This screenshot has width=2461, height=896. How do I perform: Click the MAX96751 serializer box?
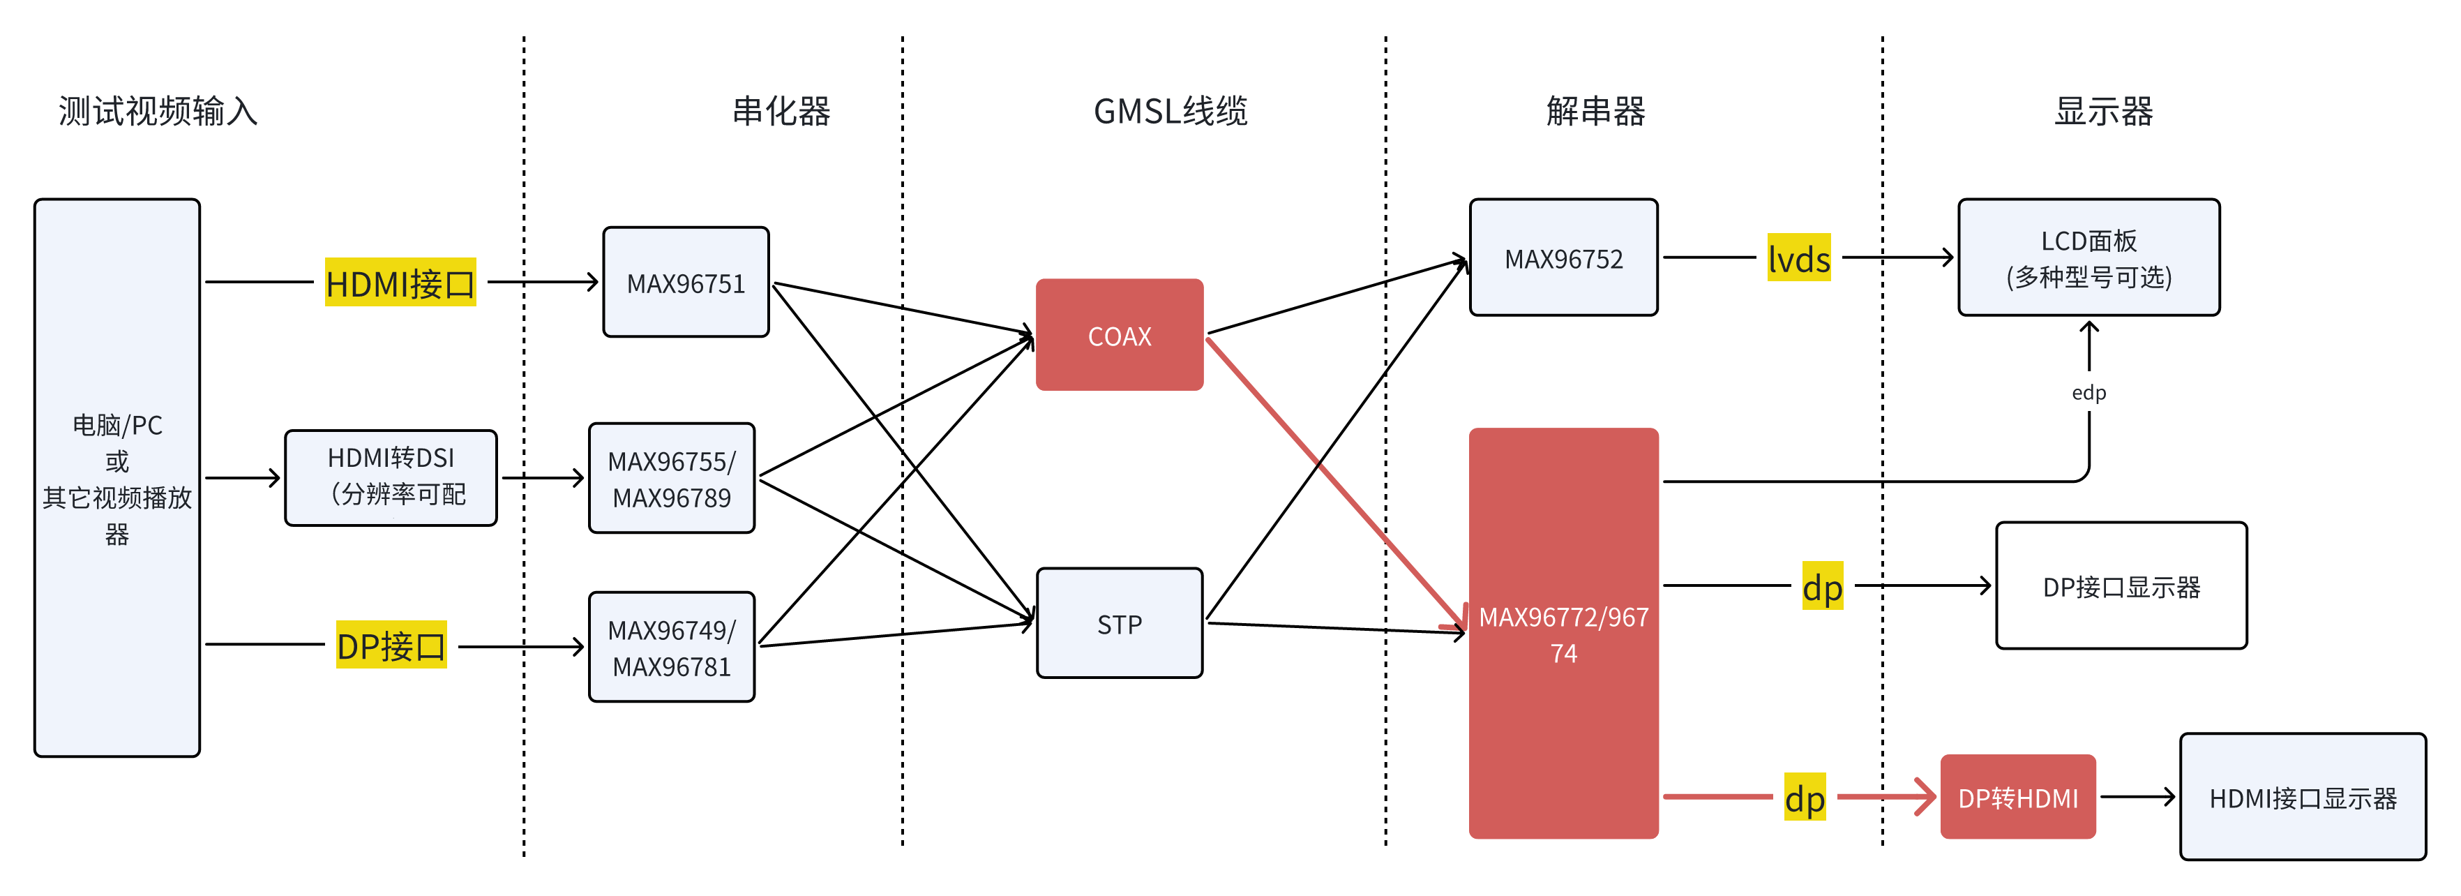click(x=686, y=283)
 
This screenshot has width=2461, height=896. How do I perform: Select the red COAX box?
click(x=1119, y=335)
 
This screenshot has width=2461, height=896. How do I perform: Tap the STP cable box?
click(x=1119, y=624)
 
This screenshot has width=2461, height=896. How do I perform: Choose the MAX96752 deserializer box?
click(x=1563, y=258)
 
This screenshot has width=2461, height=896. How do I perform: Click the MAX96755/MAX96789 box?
click(x=672, y=479)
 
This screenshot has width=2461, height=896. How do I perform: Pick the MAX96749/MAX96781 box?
click(x=672, y=648)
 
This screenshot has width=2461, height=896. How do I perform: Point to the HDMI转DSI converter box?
click(x=391, y=477)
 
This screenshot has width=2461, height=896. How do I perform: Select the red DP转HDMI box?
click(x=2018, y=798)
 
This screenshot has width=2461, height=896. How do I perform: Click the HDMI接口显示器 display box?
click(x=2303, y=798)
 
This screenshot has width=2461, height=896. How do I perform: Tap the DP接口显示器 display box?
click(x=2121, y=586)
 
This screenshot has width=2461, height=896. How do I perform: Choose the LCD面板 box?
click(x=2089, y=258)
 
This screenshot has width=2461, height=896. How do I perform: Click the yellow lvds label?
click(x=1798, y=258)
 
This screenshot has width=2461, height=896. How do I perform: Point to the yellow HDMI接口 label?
click(x=400, y=283)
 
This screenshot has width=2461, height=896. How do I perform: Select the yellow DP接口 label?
click(x=391, y=645)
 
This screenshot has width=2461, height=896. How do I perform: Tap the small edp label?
click(x=2089, y=393)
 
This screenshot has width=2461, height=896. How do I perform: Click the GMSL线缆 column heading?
click(x=1171, y=111)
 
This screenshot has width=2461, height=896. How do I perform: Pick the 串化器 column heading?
click(x=781, y=111)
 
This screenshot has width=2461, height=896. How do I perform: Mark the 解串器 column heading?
click(x=1595, y=111)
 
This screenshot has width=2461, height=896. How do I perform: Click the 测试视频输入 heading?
click(x=158, y=111)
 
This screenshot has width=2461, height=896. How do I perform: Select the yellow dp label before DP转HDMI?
click(x=1805, y=798)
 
